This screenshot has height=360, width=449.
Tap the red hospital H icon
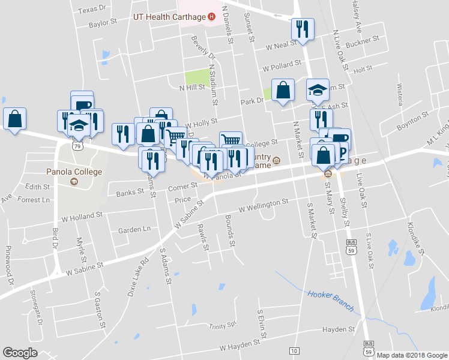tap(211, 17)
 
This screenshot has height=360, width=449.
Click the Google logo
tap(20, 353)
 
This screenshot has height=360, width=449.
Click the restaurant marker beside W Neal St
tap(301, 29)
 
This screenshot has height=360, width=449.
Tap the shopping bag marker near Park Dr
tap(283, 91)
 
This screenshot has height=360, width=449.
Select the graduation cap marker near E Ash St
tap(318, 91)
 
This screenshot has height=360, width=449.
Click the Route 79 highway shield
tap(76, 145)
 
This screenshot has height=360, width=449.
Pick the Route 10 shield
tap(294, 350)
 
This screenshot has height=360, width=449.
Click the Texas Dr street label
tap(92, 10)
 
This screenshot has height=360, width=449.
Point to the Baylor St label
tap(103, 23)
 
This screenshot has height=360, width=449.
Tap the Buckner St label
tap(363, 41)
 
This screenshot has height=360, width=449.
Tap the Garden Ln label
tap(134, 229)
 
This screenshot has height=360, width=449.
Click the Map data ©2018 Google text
tap(412, 355)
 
